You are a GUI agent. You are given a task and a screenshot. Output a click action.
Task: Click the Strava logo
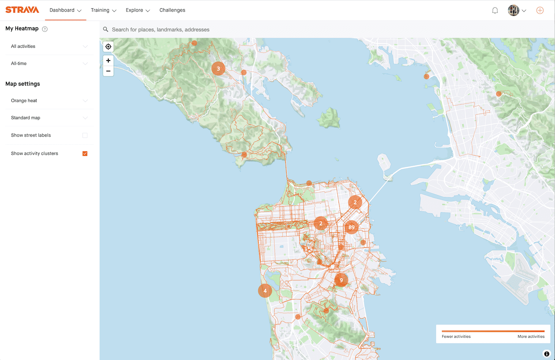point(22,10)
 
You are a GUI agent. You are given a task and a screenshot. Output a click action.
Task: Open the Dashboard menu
point(65,10)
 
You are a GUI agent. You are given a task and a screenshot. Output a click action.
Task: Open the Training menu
point(103,10)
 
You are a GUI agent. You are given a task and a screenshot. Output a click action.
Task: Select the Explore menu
point(138,10)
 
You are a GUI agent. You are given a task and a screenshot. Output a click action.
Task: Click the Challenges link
point(172,10)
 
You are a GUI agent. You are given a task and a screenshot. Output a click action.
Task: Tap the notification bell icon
point(495,11)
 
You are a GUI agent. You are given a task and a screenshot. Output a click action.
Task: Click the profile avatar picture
point(513,10)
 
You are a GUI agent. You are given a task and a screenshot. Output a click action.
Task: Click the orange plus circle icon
point(540,11)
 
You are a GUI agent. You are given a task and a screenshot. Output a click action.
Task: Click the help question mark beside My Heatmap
point(45,29)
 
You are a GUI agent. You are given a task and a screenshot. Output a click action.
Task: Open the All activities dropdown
point(49,46)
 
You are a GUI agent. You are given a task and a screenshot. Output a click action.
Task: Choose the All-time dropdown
point(49,63)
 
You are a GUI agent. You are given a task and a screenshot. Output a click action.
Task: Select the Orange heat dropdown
point(49,100)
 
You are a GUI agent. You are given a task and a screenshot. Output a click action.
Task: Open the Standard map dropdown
point(49,118)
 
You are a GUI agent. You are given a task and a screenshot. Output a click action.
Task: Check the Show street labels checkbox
point(85,135)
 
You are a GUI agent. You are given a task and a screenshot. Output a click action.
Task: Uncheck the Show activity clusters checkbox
point(85,153)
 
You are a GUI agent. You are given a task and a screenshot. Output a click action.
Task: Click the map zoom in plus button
point(108,61)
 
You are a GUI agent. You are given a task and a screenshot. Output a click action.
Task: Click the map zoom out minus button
point(108,71)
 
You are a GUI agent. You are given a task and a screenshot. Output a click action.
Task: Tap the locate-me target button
point(108,47)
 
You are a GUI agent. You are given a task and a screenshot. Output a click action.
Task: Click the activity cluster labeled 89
point(351,227)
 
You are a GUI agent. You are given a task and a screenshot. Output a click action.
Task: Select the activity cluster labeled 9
point(341,280)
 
